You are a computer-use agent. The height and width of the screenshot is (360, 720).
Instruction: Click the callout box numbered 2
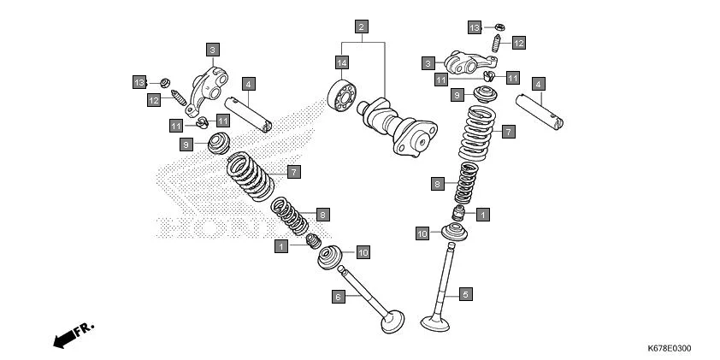362,27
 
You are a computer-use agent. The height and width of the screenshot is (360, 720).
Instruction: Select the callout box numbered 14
342,63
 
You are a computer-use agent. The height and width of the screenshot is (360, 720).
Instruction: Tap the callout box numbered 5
466,294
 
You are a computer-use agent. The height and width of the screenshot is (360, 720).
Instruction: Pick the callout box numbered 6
339,296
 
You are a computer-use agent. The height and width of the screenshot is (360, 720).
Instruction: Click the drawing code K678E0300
670,349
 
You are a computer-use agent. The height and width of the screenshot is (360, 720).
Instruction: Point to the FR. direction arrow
73,334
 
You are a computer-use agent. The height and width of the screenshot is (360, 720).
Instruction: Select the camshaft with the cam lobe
398,128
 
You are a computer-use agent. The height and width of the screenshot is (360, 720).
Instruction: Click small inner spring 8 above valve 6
290,216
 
